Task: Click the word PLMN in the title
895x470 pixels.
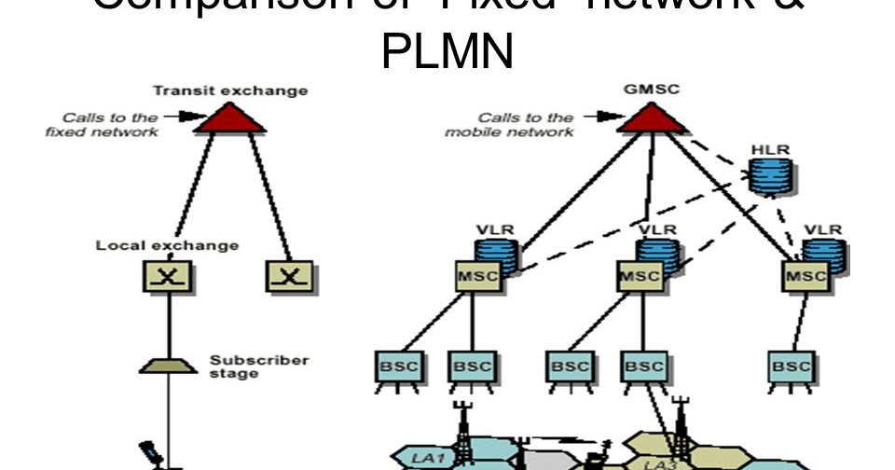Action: pos(447,52)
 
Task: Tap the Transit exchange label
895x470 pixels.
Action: pos(230,91)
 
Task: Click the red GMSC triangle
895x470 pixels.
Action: pos(651,117)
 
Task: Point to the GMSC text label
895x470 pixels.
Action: pos(652,90)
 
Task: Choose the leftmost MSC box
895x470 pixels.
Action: pos(477,276)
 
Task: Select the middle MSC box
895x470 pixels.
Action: pos(640,276)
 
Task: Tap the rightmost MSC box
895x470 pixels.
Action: pos(805,276)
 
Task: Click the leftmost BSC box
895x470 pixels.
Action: pos(398,367)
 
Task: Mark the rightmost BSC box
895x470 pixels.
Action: pos(792,367)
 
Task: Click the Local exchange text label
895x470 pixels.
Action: pos(168,246)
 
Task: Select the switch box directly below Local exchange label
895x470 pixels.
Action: pos(168,276)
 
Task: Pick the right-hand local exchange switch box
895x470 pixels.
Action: pos(290,276)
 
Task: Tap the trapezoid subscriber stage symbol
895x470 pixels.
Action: pos(168,365)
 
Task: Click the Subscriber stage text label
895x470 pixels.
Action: pos(246,366)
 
